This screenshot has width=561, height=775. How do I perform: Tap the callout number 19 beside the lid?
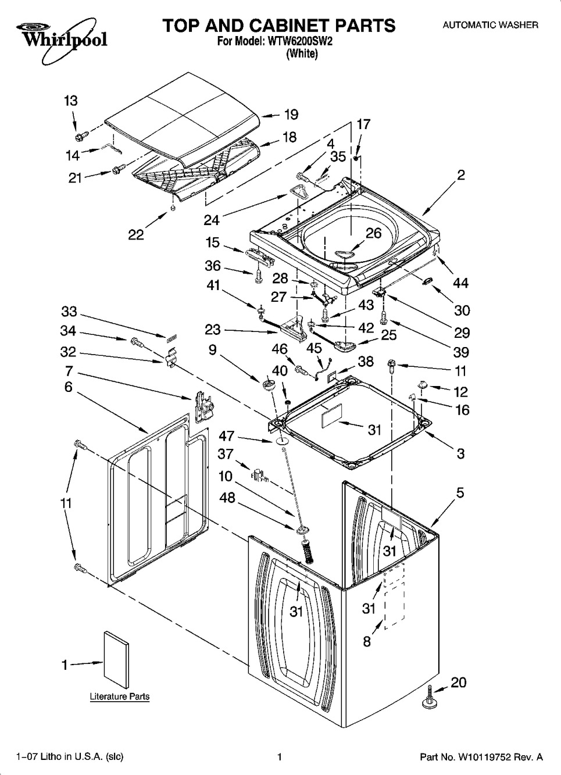[291, 115]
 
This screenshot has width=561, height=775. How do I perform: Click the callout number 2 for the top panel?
[460, 176]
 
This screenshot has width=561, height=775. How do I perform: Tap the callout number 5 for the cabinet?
[460, 492]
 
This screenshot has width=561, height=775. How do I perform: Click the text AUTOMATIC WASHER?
[491, 25]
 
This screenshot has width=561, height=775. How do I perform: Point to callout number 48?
[227, 498]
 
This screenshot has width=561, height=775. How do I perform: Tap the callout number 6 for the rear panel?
[69, 387]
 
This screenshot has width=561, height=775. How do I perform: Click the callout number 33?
[69, 312]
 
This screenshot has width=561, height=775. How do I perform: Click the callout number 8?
[367, 642]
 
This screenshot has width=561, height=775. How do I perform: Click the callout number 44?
[460, 283]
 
